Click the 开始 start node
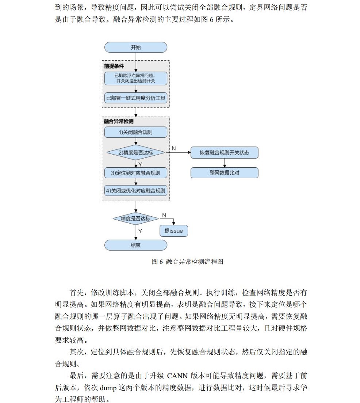tap(135, 47)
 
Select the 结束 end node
tap(135, 245)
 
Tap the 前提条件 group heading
tap(114, 66)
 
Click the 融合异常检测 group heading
tap(118, 121)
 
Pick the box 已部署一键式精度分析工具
tap(135, 98)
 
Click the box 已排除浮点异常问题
tap(135, 78)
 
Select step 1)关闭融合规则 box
tap(135, 132)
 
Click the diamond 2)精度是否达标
tap(135, 152)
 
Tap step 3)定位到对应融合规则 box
tap(135, 173)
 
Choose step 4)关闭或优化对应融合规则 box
tap(135, 190)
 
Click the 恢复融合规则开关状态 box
tap(224, 152)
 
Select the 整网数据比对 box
tap(224, 172)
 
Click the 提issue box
tap(173, 231)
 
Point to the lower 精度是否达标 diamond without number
tap(135, 218)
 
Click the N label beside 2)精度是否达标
tap(174, 148)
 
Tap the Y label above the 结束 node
tap(140, 231)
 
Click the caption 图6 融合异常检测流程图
tap(187, 262)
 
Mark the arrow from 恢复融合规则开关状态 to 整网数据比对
tap(224, 163)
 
